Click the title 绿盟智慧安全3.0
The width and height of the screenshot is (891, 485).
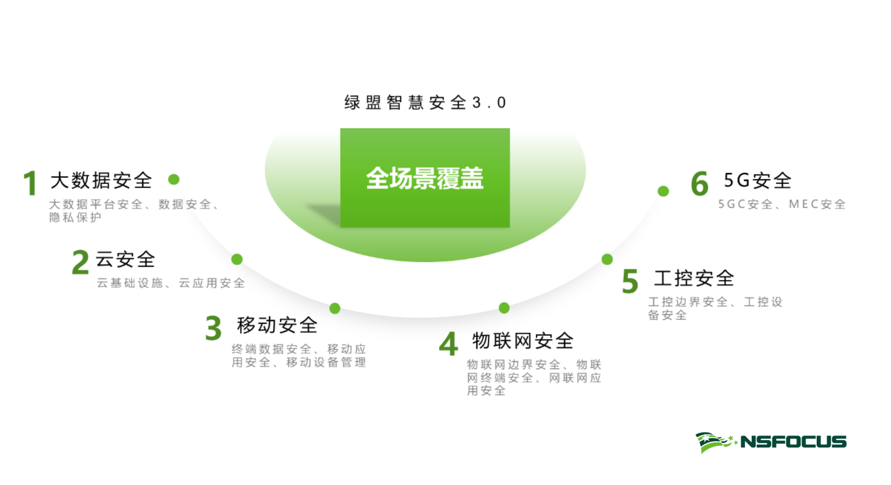tap(425, 103)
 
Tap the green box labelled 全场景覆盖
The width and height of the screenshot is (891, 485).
tap(425, 178)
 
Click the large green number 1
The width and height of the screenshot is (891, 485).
tap(30, 183)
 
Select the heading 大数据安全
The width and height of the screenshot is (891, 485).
tap(101, 180)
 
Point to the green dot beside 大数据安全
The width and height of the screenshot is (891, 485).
tap(174, 179)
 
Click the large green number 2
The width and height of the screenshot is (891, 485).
tap(80, 262)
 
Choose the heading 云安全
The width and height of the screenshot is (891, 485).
tap(125, 259)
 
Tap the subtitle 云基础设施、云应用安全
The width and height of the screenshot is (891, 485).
tap(171, 283)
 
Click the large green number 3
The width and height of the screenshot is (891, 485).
tap(213, 328)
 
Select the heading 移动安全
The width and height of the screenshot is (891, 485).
tap(277, 325)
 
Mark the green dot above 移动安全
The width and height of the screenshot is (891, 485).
tap(335, 308)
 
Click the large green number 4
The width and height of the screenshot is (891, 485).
tap(449, 344)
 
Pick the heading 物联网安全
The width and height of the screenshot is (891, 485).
tap(523, 341)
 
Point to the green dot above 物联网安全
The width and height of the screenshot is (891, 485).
tap(504, 308)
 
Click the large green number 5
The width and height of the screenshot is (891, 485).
tap(630, 281)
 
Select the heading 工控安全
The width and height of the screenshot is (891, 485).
tap(694, 278)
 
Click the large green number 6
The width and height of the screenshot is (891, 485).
tap(700, 184)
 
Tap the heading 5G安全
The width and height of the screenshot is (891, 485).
tap(757, 180)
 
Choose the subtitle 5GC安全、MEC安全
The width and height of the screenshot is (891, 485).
tap(782, 204)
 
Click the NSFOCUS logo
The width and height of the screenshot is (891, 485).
tap(771, 442)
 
